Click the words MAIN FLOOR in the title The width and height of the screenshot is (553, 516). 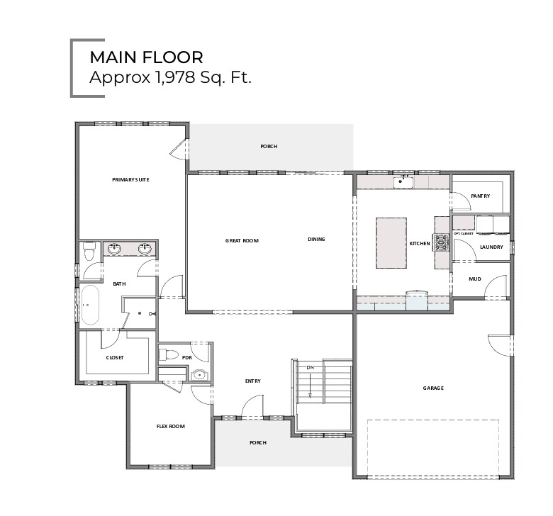coord(146,57)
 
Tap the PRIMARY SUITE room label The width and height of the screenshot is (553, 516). coord(130,180)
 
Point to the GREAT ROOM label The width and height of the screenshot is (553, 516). coord(242,240)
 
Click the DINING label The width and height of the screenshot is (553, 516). coord(316,240)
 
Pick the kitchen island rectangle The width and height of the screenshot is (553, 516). coord(391,243)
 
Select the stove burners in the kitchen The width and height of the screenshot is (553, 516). coord(442,243)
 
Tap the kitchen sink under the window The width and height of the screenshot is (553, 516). coord(404,182)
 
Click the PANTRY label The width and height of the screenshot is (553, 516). coord(481,196)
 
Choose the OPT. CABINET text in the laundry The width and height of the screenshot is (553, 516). coord(463,233)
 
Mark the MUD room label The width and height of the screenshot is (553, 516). coord(475,279)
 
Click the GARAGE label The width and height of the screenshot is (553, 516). coord(433,388)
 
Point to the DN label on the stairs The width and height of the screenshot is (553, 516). coord(310,368)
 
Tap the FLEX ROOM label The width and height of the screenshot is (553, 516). coord(170,427)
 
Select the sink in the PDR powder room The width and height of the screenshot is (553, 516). coord(199,375)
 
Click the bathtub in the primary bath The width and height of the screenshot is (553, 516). coord(91,305)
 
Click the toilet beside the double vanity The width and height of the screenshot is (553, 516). coord(89,251)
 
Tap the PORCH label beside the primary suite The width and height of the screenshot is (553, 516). coord(269,147)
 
